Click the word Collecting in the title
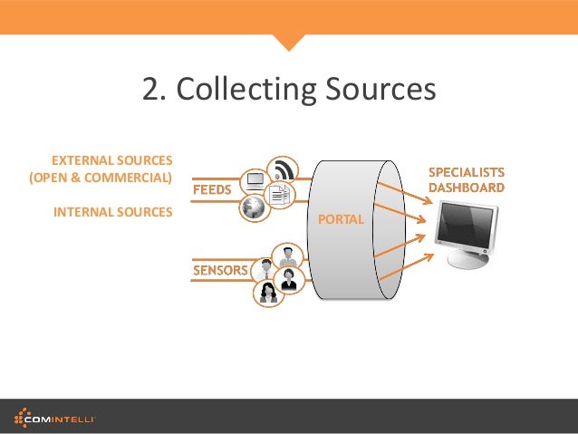click(x=244, y=90)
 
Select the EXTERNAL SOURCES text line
click(x=111, y=159)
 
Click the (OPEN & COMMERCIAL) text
click(x=101, y=177)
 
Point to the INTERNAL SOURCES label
click(x=113, y=213)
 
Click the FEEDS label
click(x=212, y=190)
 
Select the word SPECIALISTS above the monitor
click(x=467, y=171)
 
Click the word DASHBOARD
click(x=467, y=188)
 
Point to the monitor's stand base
click(x=467, y=260)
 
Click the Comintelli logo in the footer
click(x=55, y=417)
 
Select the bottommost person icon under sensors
click(x=268, y=293)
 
